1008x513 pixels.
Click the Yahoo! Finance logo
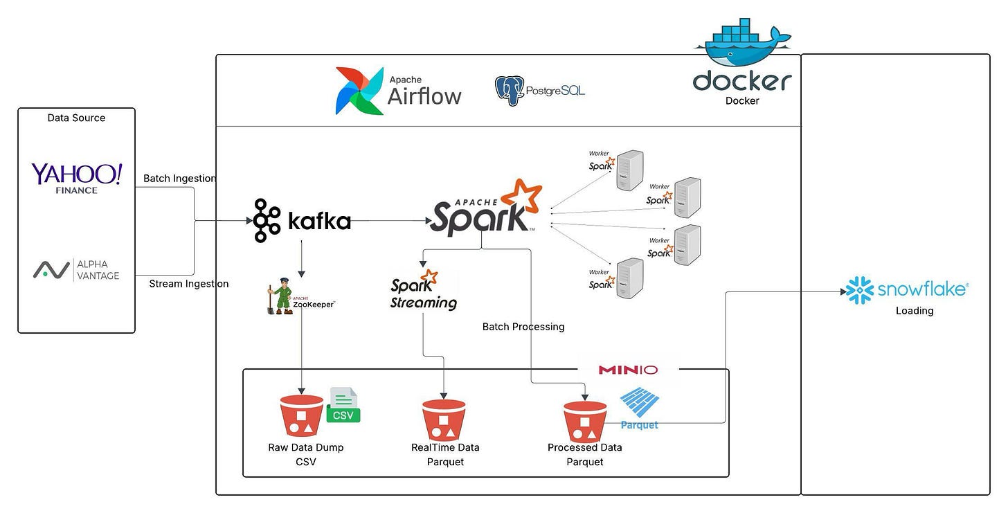76,179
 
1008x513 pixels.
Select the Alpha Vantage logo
76,269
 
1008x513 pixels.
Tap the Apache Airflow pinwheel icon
359,91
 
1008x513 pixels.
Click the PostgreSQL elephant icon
510,91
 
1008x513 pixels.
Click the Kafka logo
302,220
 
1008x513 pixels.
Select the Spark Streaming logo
424,290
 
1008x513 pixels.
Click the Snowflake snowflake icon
860,290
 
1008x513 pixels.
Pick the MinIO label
628,370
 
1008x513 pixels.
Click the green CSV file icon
343,405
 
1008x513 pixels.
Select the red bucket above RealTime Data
444,420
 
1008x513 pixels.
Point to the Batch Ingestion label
180,179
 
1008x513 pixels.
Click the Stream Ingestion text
189,284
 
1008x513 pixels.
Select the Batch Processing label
523,327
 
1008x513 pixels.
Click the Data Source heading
76,118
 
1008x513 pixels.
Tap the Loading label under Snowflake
915,311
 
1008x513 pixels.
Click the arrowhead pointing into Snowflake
843,291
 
